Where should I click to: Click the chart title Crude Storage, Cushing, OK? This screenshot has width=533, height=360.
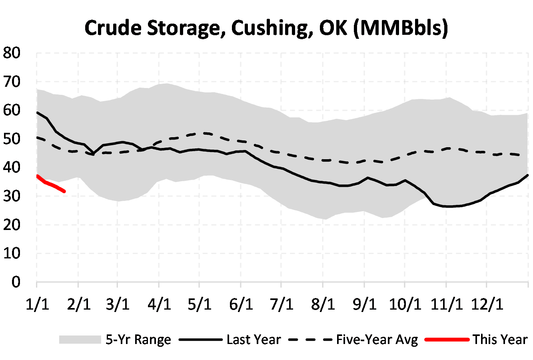click(266, 28)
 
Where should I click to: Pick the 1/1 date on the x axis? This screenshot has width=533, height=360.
click(37, 304)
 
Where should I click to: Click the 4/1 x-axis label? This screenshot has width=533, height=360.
click(159, 304)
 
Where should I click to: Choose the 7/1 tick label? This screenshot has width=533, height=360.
click(281, 304)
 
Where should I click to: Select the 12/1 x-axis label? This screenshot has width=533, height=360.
click(486, 304)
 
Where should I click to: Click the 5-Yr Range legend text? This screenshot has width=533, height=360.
click(138, 340)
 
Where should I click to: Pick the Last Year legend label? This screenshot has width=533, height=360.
click(254, 340)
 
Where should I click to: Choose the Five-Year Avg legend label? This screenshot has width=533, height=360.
click(377, 340)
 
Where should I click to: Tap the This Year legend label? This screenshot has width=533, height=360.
click(500, 340)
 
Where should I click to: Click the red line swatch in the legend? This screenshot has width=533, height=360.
click(446, 340)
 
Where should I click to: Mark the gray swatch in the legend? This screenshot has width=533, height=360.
click(80, 340)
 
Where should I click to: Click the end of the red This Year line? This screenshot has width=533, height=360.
click(64, 192)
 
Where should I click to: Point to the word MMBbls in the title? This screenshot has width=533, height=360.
click(400, 28)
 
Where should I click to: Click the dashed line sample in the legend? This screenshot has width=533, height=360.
click(310, 340)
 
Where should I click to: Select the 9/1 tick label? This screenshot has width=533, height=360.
click(364, 304)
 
